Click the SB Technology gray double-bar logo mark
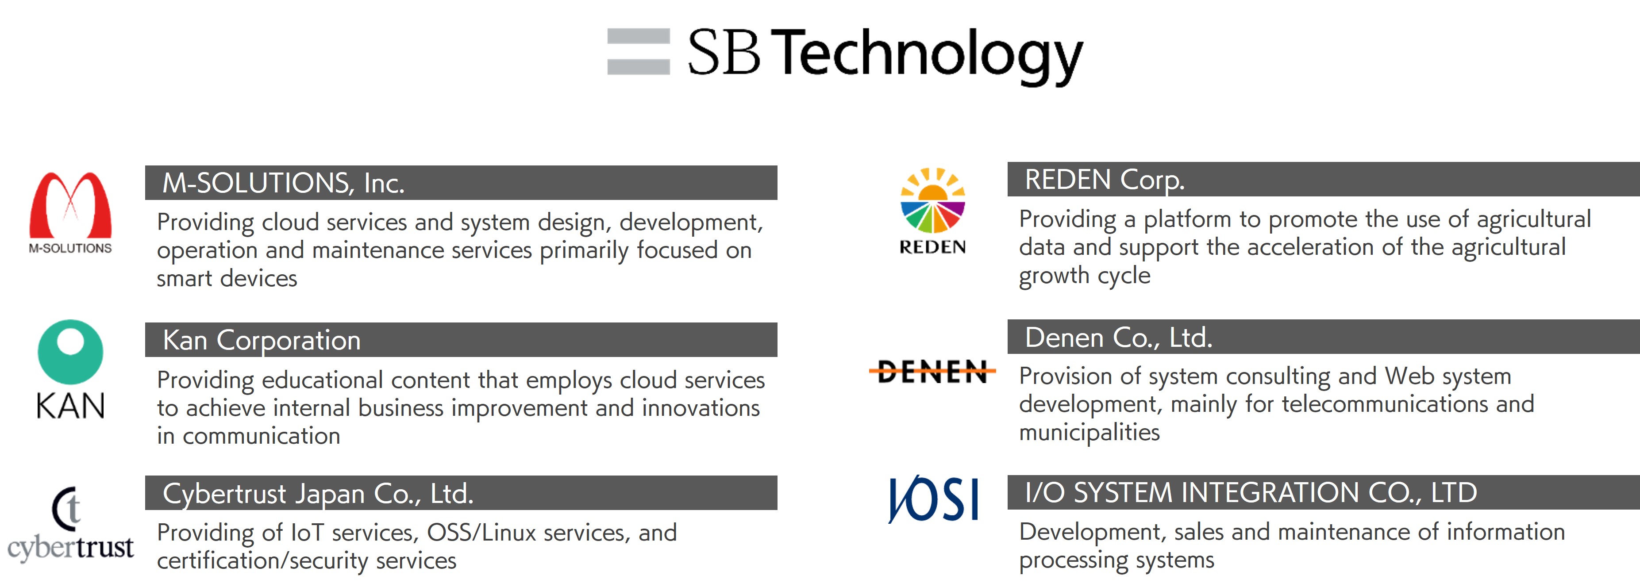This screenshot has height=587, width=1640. point(638,52)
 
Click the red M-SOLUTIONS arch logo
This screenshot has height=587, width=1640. point(71,205)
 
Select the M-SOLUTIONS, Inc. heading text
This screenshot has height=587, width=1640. point(283,184)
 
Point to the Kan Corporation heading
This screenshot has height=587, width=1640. point(262,341)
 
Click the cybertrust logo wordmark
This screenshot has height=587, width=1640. point(71,548)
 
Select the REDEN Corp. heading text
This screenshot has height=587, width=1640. point(1105,180)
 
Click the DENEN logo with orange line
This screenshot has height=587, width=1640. point(932,371)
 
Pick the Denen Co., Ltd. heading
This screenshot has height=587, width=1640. point(1119,338)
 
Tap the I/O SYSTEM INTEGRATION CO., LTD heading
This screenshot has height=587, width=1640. point(1251,493)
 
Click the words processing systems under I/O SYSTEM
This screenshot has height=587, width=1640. point(1116,561)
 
